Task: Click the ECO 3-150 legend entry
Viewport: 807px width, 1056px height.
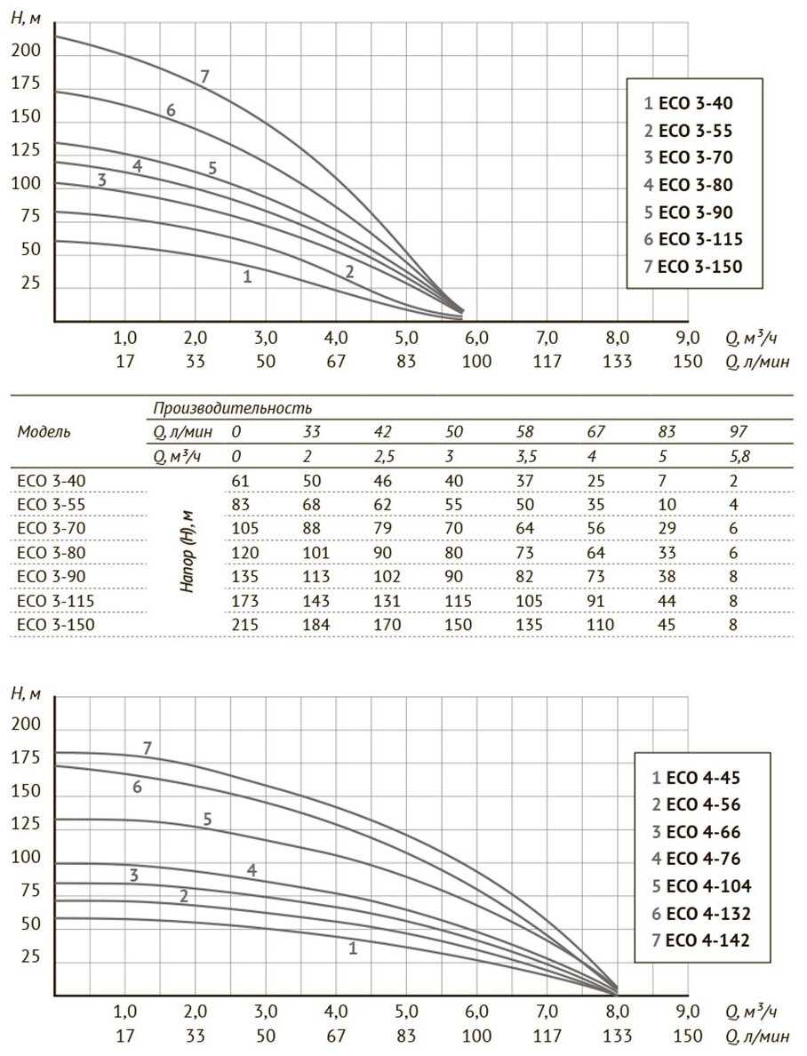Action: (693, 267)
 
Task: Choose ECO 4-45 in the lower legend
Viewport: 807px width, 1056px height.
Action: (697, 778)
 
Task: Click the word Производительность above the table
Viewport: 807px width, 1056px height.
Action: (232, 408)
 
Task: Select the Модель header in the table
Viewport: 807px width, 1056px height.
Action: (44, 432)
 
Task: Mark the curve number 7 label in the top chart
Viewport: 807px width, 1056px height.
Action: (204, 76)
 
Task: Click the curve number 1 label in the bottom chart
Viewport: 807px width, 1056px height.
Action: (353, 948)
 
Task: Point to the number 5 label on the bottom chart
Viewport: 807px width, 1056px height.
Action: (207, 819)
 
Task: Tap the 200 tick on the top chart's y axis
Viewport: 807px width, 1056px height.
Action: (27, 51)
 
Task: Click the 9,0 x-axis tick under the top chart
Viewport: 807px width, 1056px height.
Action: (688, 339)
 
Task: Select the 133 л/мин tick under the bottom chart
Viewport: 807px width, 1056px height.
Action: (618, 1036)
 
